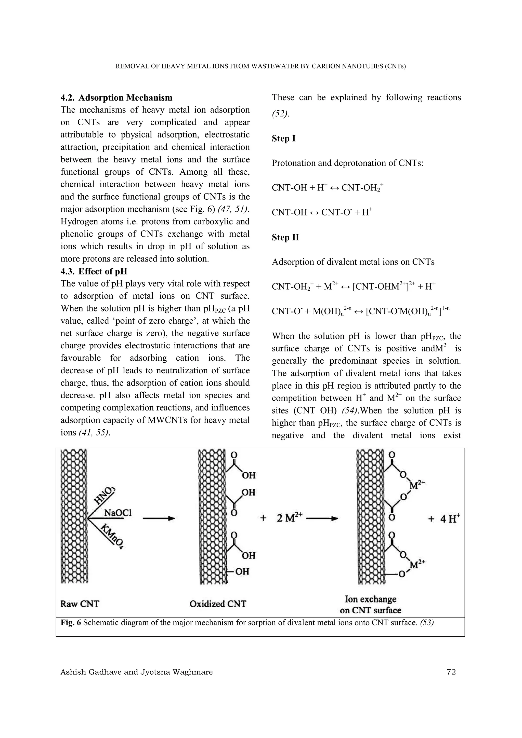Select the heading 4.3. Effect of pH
click(94, 271)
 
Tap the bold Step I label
click(283, 139)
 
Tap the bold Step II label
click(285, 238)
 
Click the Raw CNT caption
click(80, 604)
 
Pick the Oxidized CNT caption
click(218, 604)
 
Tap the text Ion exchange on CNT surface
click(371, 605)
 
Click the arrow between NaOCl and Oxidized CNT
click(159, 518)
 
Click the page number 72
click(451, 672)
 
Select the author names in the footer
click(136, 672)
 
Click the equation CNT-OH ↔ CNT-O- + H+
click(322, 212)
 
